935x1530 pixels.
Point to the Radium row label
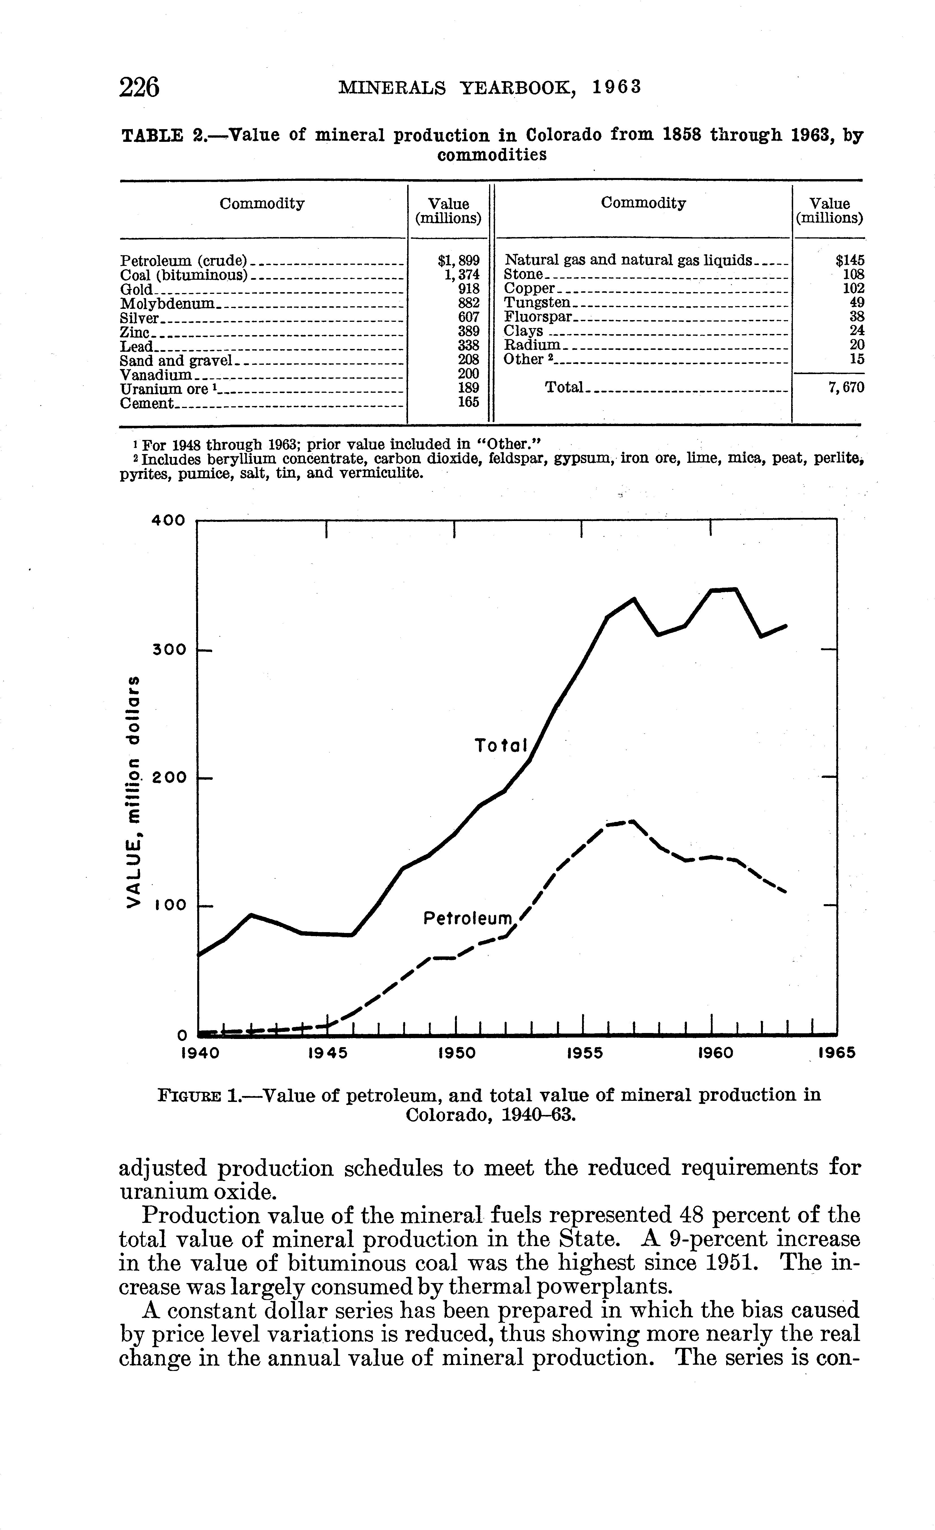[x=532, y=345]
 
